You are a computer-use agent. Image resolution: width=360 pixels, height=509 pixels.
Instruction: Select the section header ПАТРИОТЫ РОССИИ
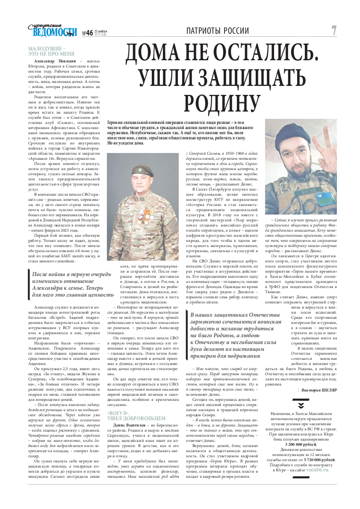pos(218,31)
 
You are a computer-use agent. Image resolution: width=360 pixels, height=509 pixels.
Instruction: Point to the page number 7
pos(334,30)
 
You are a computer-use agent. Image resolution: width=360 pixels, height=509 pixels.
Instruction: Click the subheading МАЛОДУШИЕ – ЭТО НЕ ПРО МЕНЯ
pos(51,51)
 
